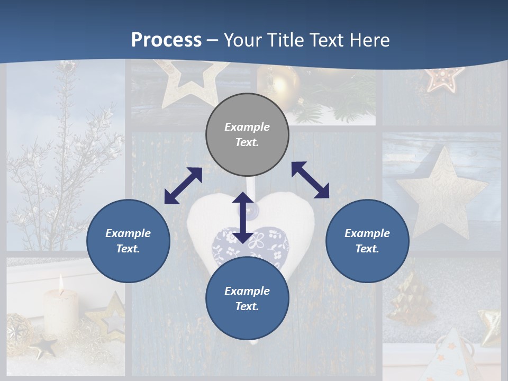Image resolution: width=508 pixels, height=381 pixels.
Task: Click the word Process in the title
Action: [x=166, y=40]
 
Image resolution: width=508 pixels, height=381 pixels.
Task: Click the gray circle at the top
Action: [x=247, y=135]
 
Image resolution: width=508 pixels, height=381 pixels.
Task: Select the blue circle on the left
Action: [x=128, y=241]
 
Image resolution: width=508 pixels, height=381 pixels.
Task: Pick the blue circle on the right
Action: [x=367, y=241]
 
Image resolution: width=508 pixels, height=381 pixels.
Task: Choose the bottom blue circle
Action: [x=247, y=298]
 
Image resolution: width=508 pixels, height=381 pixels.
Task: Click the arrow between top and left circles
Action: [x=183, y=186]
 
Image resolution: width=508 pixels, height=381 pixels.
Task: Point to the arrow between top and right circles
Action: [x=310, y=180]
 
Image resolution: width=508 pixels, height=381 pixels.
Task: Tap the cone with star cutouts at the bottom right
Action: [x=449, y=357]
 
